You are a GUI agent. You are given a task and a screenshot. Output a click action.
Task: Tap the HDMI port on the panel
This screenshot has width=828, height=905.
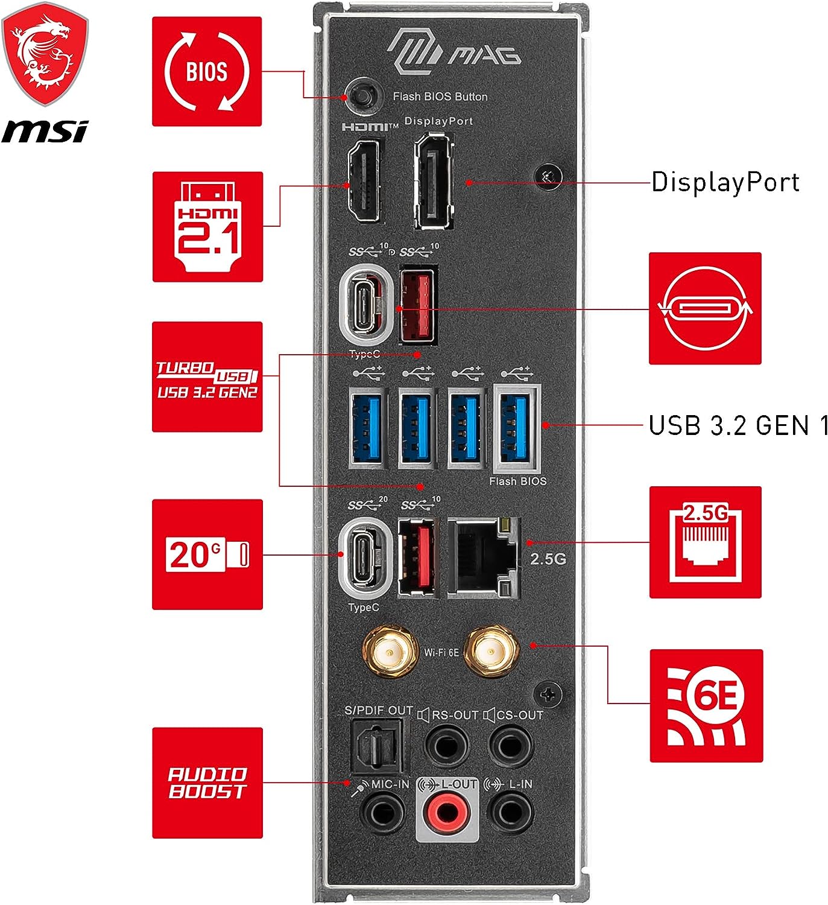pyautogui.click(x=364, y=180)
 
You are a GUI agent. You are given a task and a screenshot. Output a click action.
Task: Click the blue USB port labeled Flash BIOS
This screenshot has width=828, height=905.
pyautogui.click(x=517, y=428)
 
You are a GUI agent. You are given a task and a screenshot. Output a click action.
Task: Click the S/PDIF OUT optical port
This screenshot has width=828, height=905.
pyautogui.click(x=376, y=748)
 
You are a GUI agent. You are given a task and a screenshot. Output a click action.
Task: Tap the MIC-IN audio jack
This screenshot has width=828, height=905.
pyautogui.click(x=383, y=812)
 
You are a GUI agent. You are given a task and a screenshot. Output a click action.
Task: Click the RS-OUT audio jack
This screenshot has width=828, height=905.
pyautogui.click(x=447, y=746)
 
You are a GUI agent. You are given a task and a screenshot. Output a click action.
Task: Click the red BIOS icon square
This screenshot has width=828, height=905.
pyautogui.click(x=207, y=72)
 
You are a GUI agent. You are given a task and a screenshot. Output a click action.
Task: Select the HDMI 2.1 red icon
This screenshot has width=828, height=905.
pyautogui.click(x=207, y=227)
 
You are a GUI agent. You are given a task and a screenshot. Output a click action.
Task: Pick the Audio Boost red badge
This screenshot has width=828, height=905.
pyautogui.click(x=207, y=783)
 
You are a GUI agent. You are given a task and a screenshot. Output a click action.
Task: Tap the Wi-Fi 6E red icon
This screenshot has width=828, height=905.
pyautogui.click(x=706, y=705)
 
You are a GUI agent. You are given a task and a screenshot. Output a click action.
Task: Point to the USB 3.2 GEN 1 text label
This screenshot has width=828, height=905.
pyautogui.click(x=738, y=425)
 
